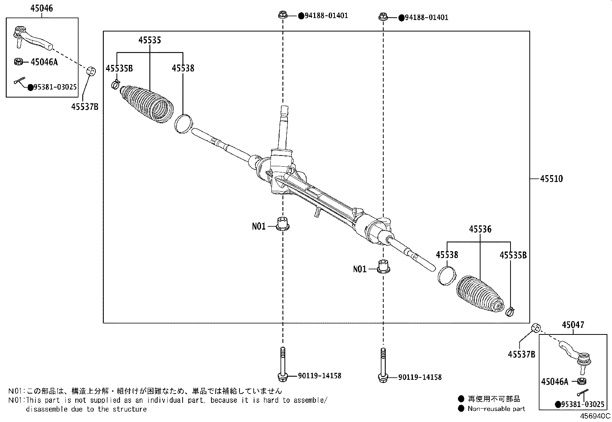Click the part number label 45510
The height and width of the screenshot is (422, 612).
tap(551, 179)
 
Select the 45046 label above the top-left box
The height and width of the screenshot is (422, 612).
tap(42, 8)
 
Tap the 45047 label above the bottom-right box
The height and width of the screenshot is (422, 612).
tap(573, 325)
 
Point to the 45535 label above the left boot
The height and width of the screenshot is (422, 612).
tap(150, 40)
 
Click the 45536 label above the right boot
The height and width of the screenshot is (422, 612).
tap(480, 229)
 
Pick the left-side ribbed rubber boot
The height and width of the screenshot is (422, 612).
tap(147, 104)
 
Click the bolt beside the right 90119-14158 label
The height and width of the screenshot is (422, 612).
tap(383, 365)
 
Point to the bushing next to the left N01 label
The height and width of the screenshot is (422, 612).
tap(283, 223)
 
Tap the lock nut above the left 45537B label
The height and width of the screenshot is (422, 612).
tap(91, 71)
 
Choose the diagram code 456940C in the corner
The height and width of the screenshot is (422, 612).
tap(595, 416)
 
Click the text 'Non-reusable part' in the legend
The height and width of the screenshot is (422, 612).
tap(496, 409)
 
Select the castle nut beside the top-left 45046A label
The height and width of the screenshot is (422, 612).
tap(18, 61)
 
